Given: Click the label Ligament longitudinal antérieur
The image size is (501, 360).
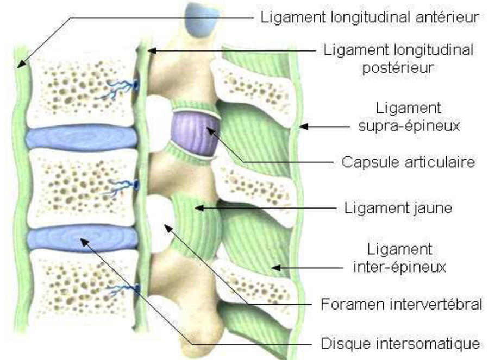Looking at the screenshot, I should click(370, 16).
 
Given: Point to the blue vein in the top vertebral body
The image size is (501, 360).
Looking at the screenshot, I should click(122, 86).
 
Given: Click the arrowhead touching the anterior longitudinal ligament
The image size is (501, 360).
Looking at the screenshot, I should click(20, 66).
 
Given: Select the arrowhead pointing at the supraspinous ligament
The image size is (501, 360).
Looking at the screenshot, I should click(305, 127).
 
